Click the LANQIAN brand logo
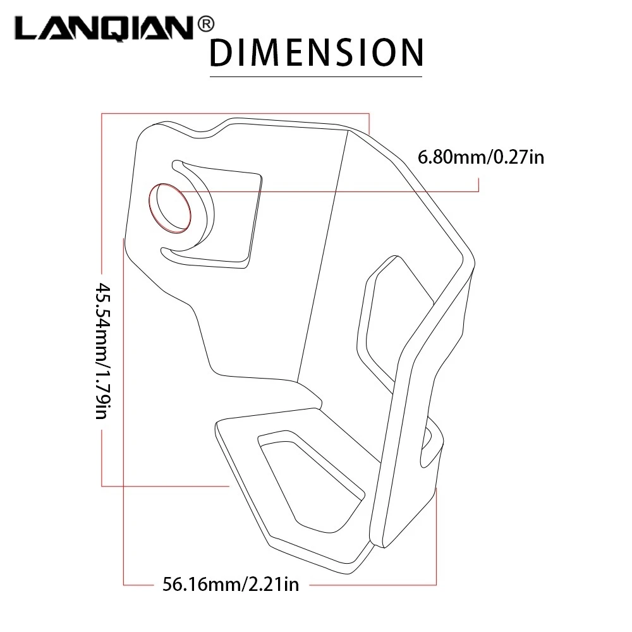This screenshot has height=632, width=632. click(105, 28)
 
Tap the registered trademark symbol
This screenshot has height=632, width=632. click(206, 25)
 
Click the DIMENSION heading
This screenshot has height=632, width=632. click(317, 52)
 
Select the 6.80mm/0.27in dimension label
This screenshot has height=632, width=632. click(481, 157)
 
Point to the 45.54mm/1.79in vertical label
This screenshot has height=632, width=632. click(102, 351)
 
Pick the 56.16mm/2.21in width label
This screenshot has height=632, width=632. click(231, 584)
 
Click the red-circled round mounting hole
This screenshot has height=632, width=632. click(170, 208)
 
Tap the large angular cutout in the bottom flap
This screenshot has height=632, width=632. click(310, 482)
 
